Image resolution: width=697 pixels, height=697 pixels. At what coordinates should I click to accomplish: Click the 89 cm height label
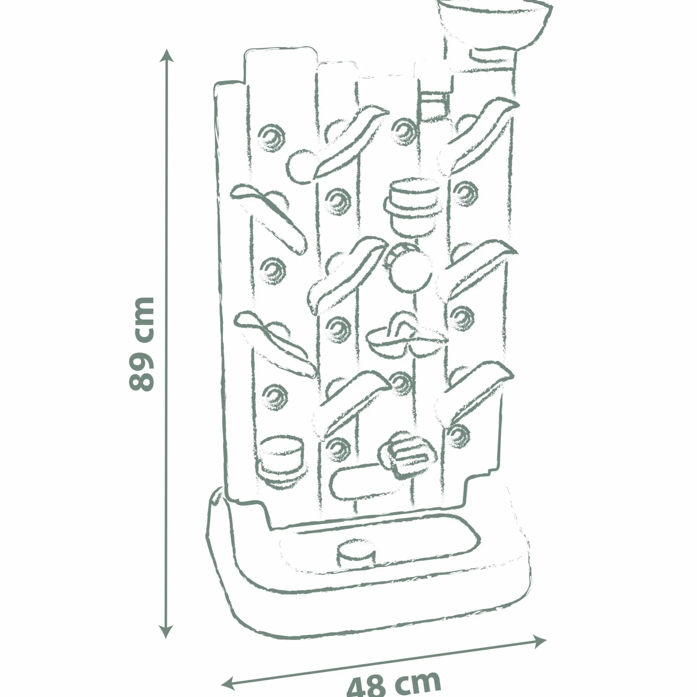click(x=141, y=344)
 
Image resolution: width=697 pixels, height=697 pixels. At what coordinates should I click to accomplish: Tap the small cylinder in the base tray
click(x=356, y=553)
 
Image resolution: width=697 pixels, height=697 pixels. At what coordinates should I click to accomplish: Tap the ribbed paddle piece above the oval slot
click(x=408, y=454)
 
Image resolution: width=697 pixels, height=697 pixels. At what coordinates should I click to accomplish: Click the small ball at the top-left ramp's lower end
click(x=301, y=167)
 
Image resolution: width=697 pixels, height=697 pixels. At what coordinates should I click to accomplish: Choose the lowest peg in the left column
click(x=274, y=397)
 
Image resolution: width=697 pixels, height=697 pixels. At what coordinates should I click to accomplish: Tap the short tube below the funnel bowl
click(x=492, y=55)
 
